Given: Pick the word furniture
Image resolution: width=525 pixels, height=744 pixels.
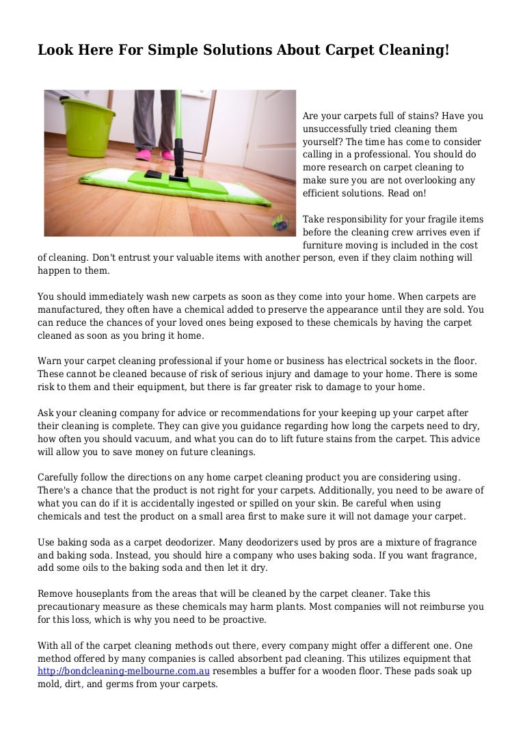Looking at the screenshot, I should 325,245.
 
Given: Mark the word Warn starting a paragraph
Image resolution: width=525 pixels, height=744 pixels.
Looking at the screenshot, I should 49,361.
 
